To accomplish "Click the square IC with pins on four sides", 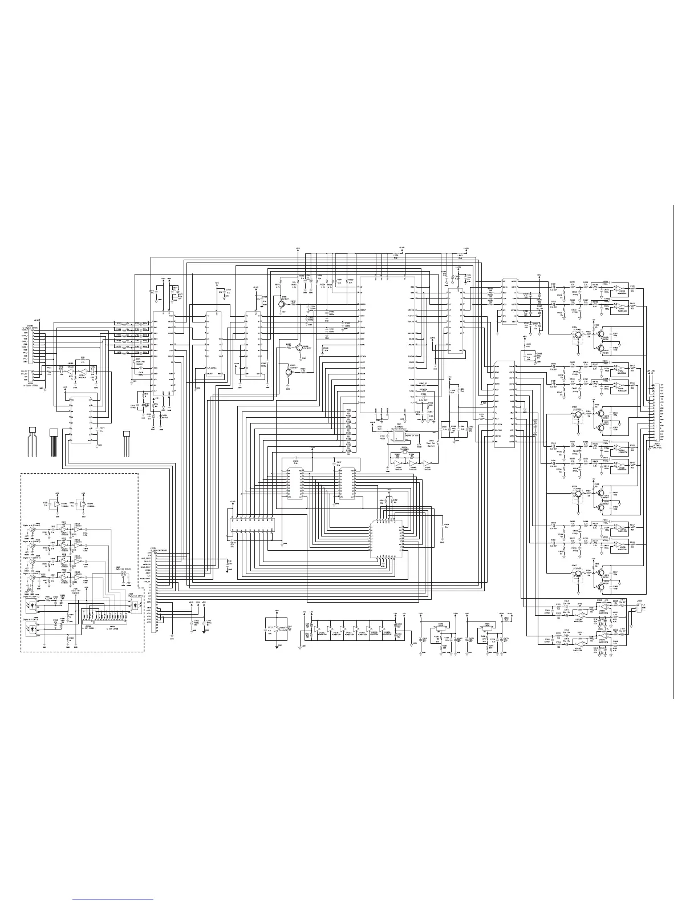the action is tap(387, 539).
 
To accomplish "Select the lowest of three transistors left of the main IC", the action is tap(289, 372).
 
